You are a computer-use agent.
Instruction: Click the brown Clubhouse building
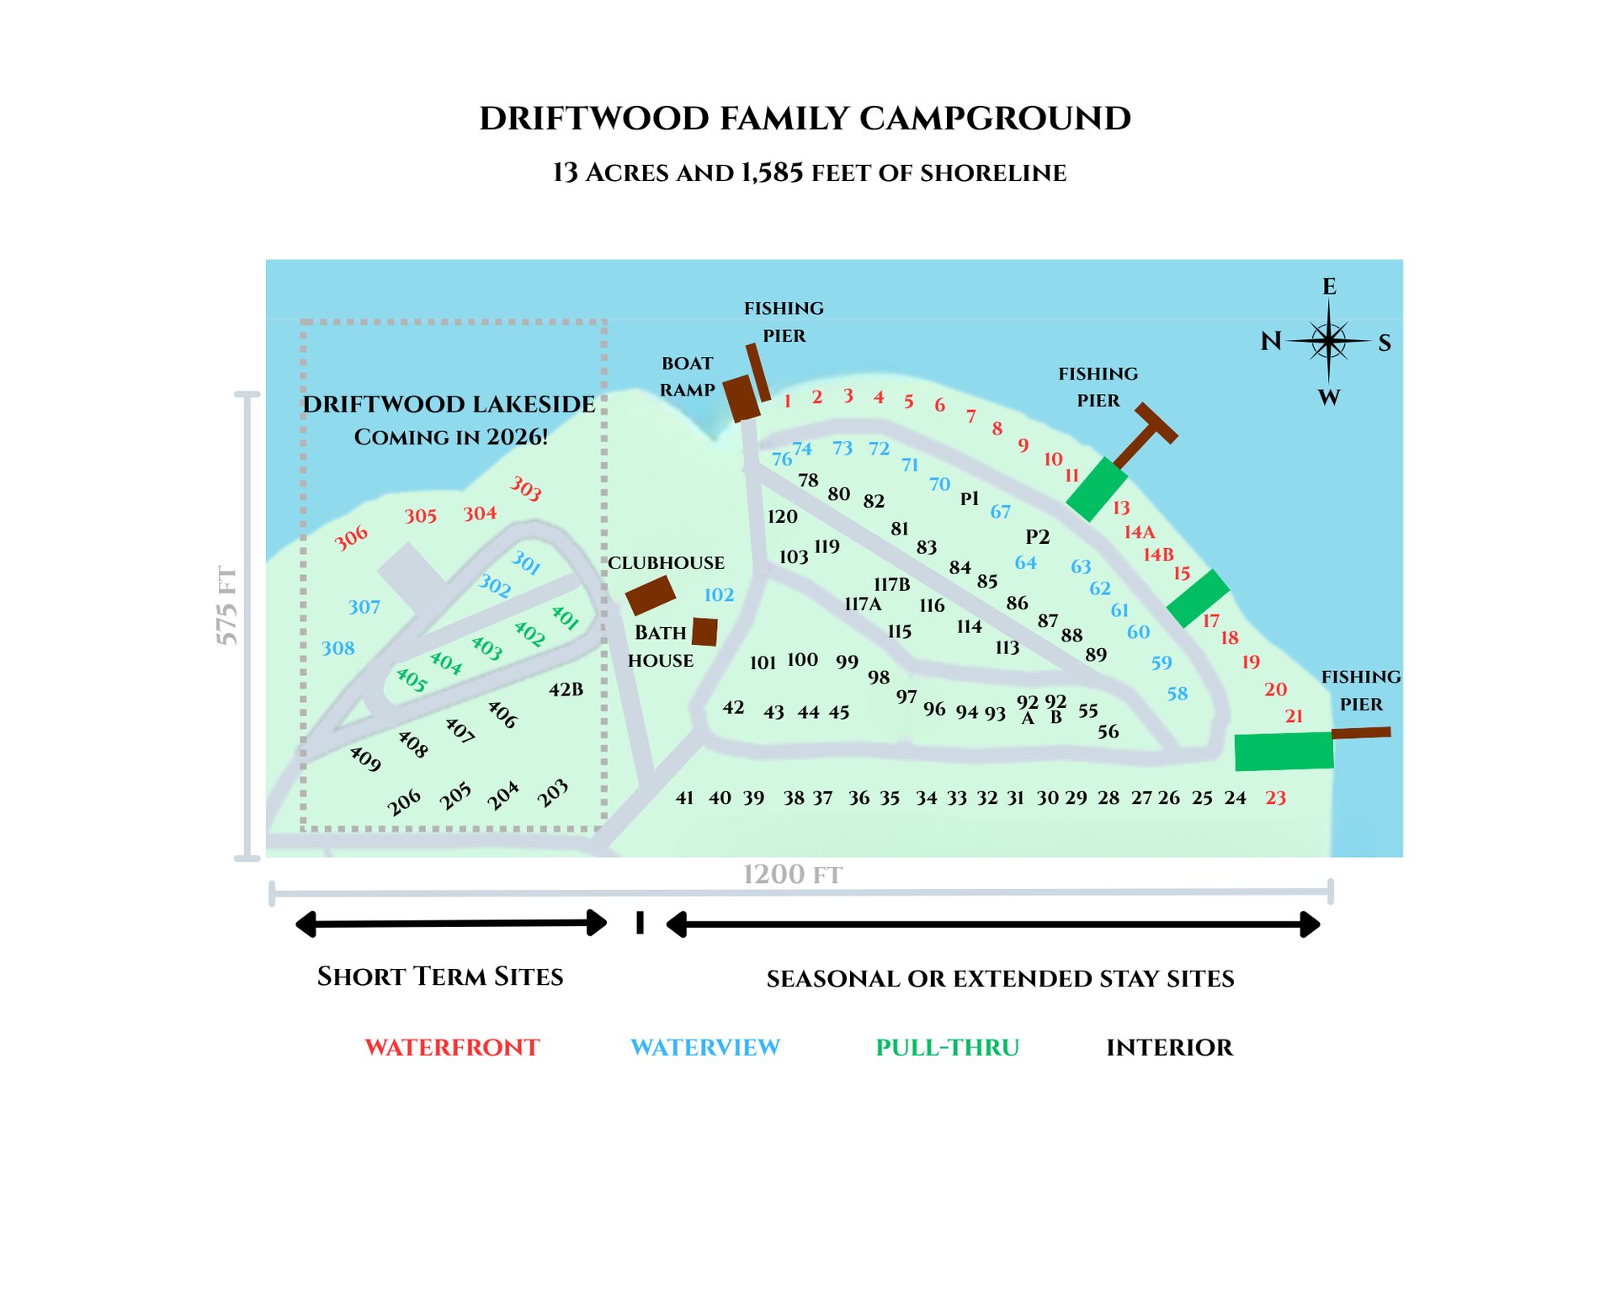(651, 595)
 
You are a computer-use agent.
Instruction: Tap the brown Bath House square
(704, 631)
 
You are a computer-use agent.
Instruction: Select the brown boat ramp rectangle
(742, 398)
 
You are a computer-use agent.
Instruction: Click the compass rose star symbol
(1328, 341)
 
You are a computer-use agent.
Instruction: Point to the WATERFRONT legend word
(452, 1047)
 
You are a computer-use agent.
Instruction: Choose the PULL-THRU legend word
(947, 1047)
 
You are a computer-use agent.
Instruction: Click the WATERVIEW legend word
(705, 1047)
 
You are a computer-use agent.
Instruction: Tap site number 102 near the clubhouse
(719, 595)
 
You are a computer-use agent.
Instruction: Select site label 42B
(566, 689)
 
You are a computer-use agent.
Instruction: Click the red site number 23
(1275, 798)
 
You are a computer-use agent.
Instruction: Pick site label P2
(1037, 537)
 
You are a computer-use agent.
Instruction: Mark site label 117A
(863, 604)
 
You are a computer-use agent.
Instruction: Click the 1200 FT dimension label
(792, 875)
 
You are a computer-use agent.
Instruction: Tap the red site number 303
(526, 488)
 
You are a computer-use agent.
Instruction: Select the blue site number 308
(338, 648)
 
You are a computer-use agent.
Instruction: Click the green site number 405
(412, 679)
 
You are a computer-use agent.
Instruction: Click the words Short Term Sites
(440, 976)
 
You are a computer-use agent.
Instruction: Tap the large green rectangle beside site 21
(1284, 751)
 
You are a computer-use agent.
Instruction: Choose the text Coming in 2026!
(451, 437)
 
